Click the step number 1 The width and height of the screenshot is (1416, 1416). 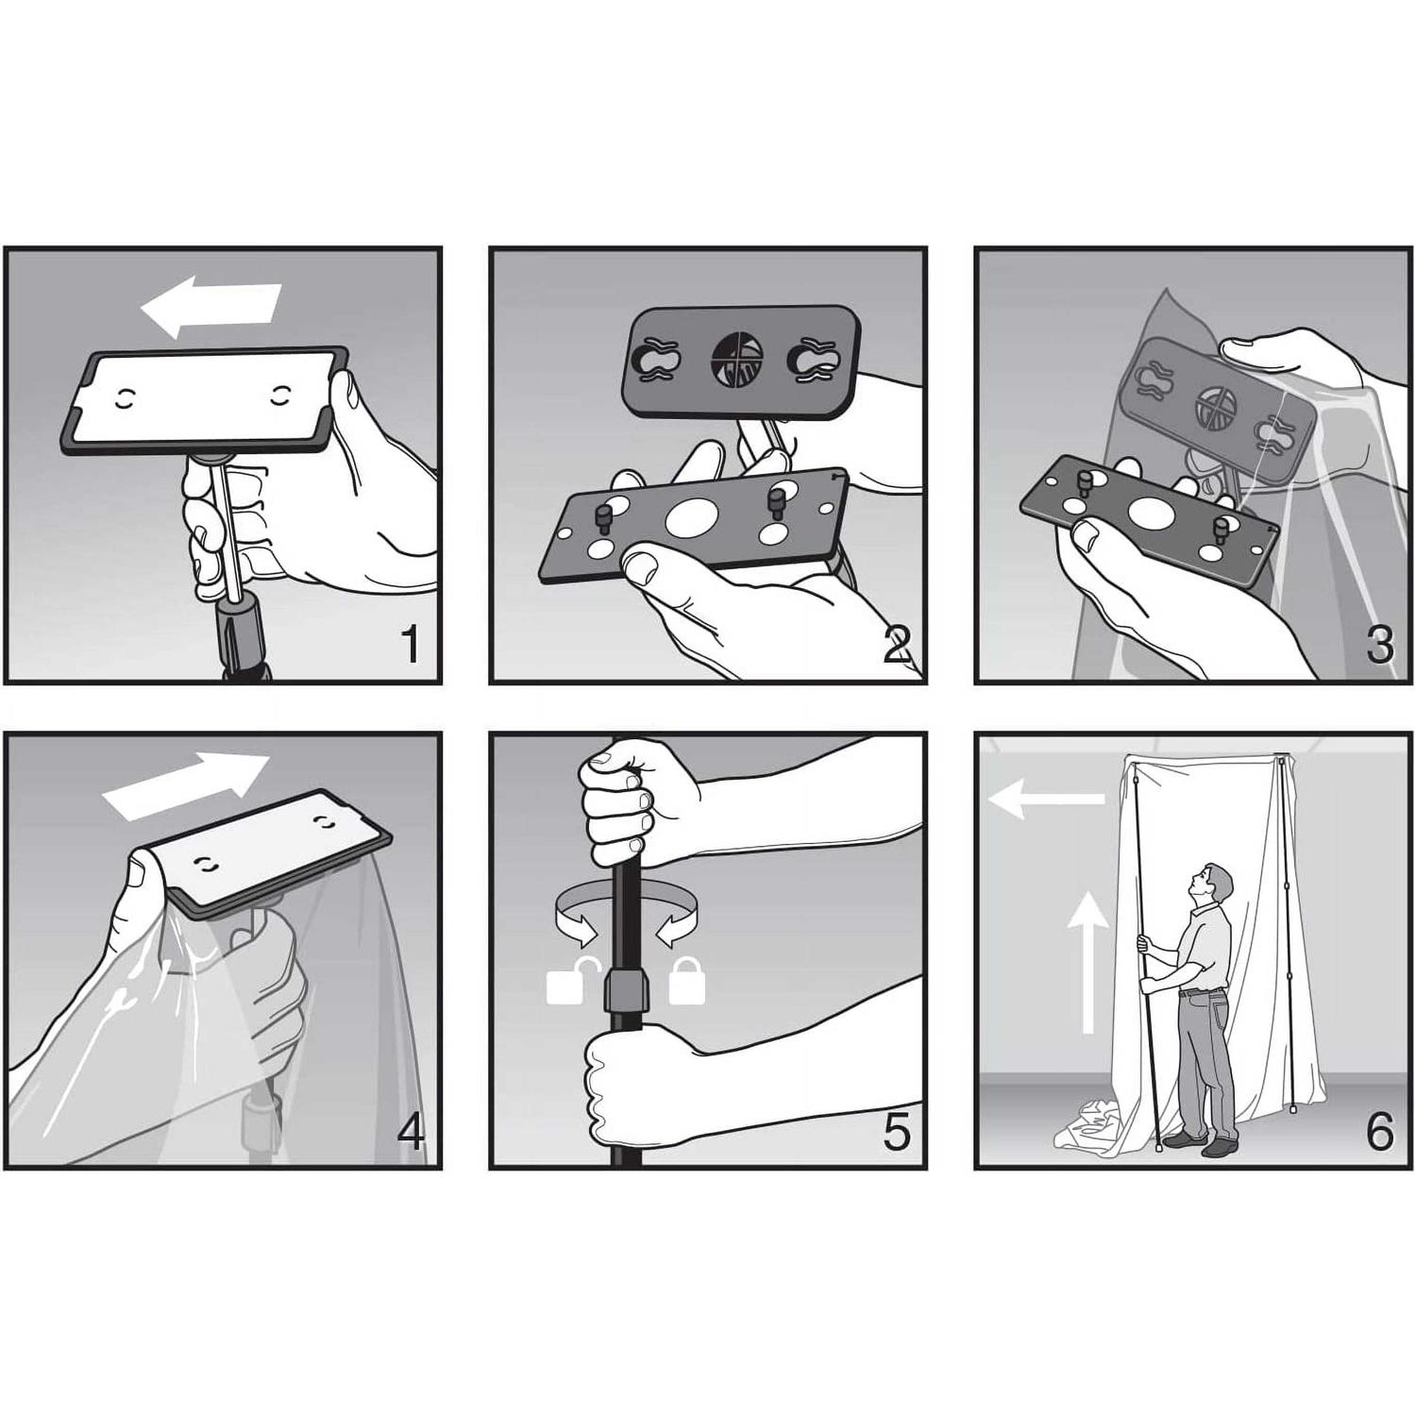point(410,645)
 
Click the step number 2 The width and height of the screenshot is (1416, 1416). point(897,645)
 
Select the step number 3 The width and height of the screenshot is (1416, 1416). point(1379,645)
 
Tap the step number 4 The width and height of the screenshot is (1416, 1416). point(411,1131)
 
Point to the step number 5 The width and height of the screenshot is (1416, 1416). point(896,1131)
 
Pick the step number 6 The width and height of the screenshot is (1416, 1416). point(1379,1131)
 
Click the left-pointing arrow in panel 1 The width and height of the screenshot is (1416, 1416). point(211,306)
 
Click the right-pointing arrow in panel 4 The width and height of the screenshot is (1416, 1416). point(186,788)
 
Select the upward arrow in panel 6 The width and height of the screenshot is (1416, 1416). point(1089,961)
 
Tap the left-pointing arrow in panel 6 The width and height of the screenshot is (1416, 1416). point(1046,801)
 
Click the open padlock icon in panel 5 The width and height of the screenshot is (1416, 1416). point(567,980)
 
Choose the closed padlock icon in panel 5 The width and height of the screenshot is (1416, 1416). point(686,980)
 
